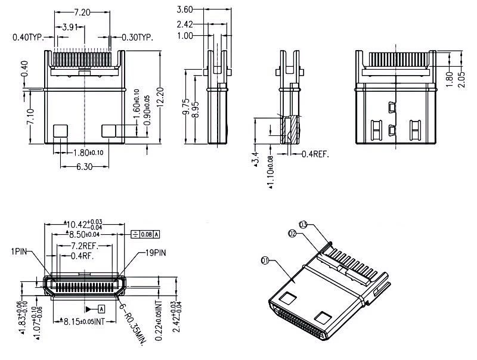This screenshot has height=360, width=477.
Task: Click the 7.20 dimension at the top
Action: click(83, 12)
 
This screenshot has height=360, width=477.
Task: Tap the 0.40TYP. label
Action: click(29, 38)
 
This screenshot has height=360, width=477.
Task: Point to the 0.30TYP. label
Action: click(138, 37)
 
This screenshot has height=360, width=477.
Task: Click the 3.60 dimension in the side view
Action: click(185, 9)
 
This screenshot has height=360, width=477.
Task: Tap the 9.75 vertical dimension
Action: click(187, 106)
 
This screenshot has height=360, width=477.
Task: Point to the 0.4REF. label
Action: click(315, 154)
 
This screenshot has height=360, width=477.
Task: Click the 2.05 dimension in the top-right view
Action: click(460, 79)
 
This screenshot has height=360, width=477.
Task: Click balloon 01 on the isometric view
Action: click(265, 260)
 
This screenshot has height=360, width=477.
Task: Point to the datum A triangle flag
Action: click(95, 309)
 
